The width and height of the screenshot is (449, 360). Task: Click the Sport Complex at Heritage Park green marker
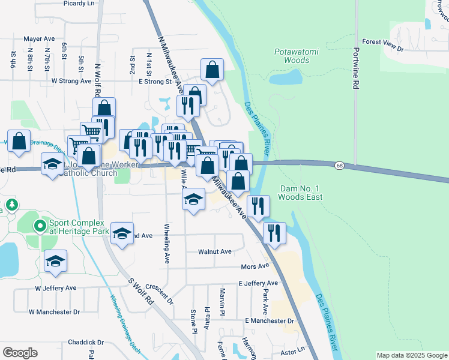(40, 226)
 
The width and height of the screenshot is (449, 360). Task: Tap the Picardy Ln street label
(79, 3)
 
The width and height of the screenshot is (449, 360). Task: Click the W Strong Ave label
(71, 80)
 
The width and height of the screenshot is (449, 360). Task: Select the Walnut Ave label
(215, 252)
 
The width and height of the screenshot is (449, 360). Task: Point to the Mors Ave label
(255, 266)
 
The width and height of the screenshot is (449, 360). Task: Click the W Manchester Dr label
(54, 312)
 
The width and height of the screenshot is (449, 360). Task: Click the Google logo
(20, 353)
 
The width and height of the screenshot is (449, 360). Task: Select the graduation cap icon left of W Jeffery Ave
(55, 260)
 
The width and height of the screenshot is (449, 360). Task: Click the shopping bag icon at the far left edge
(19, 141)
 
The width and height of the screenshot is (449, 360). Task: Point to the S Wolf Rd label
(140, 293)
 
